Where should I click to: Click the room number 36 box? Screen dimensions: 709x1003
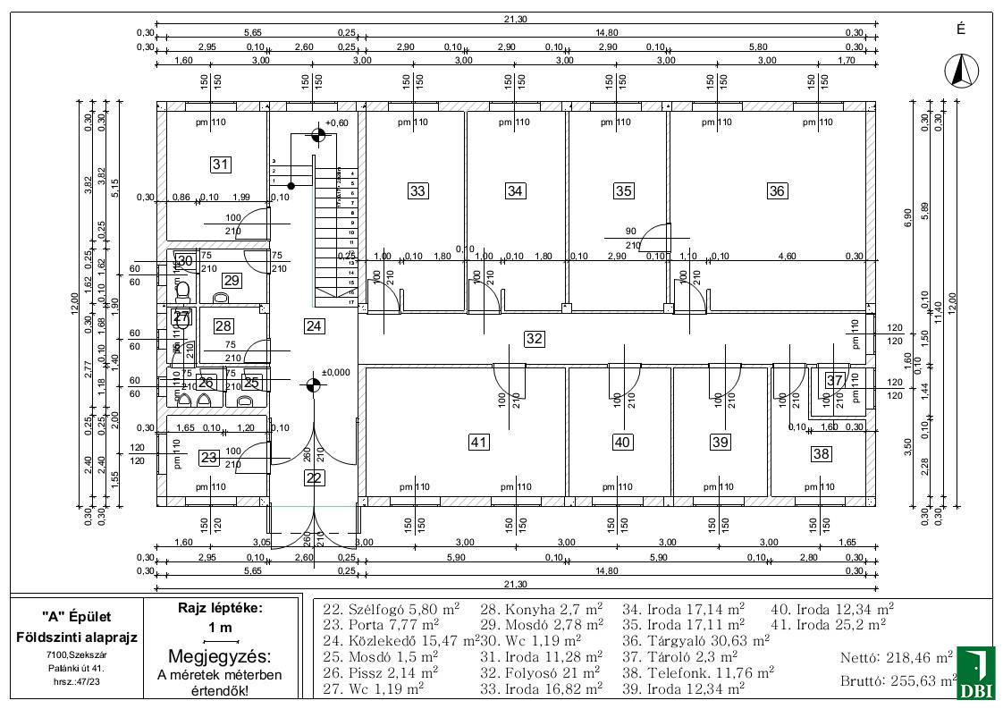click(777, 190)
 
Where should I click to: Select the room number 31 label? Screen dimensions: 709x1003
click(221, 164)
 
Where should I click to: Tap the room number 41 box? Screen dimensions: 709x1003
click(479, 442)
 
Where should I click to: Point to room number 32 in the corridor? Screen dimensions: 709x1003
click(534, 339)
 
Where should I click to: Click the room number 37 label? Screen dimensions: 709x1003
click(834, 380)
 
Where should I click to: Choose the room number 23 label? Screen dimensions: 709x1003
click(209, 458)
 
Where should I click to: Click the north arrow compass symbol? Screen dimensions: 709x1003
click(961, 71)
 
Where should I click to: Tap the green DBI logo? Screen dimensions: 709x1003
click(975, 672)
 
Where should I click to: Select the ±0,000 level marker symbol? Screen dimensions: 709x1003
click(312, 385)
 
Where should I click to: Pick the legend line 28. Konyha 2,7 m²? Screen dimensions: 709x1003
click(542, 608)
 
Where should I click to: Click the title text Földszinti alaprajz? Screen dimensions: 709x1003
click(78, 637)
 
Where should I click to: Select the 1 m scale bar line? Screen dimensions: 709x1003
click(221, 641)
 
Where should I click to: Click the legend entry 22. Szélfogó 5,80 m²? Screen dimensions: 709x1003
click(391, 608)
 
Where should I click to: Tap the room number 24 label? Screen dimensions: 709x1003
click(314, 325)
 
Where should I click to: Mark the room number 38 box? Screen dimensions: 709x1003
click(821, 454)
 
